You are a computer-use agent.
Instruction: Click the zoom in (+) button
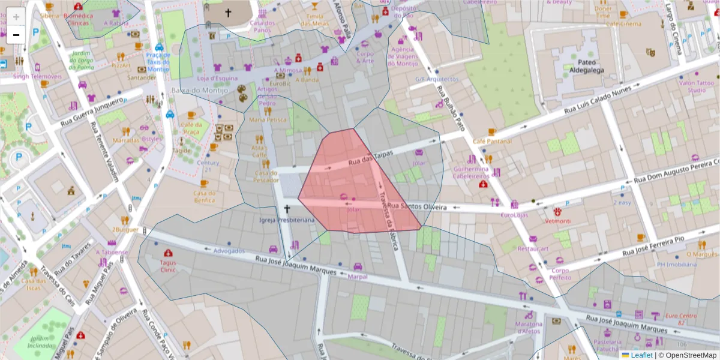pyautogui.click(x=16, y=17)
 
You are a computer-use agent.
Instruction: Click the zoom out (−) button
pyautogui.click(x=16, y=35)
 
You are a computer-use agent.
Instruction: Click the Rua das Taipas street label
pyautogui.click(x=370, y=158)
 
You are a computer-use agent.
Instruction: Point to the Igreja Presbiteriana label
pyautogui.click(x=287, y=220)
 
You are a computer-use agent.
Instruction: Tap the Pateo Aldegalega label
pyautogui.click(x=582, y=67)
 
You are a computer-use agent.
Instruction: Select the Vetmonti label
pyautogui.click(x=558, y=221)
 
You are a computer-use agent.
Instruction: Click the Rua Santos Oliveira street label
pyautogui.click(x=418, y=207)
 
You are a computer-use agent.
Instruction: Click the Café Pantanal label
pyautogui.click(x=491, y=141)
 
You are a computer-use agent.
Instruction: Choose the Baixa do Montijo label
pyautogui.click(x=199, y=91)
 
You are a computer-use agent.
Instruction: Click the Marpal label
pyautogui.click(x=358, y=277)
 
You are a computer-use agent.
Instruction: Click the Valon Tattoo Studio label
pyautogui.click(x=697, y=86)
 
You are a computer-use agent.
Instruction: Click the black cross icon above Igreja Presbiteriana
pyautogui.click(x=287, y=209)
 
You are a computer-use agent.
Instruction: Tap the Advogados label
pyautogui.click(x=229, y=250)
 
